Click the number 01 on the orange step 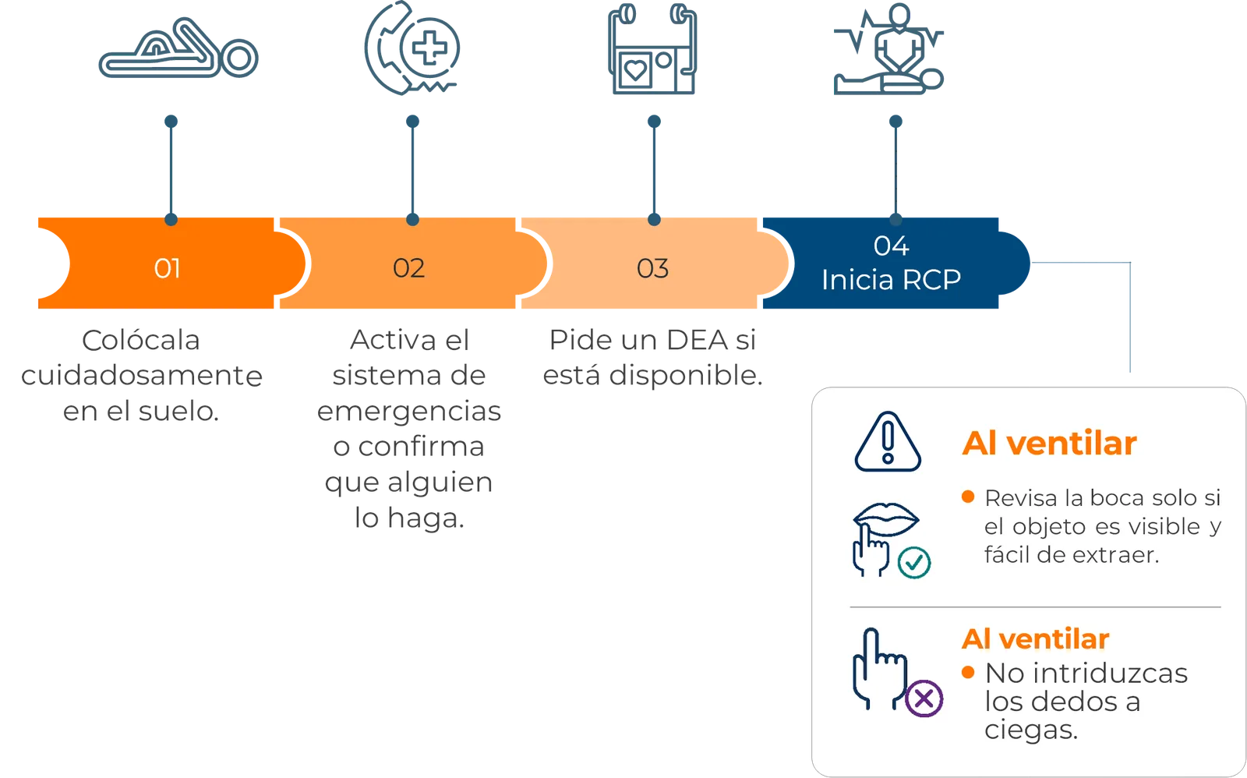(x=167, y=268)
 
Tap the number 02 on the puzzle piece (x=408, y=268)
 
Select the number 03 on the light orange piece (x=652, y=268)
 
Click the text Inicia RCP (x=892, y=280)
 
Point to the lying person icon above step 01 (x=178, y=49)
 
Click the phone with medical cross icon (x=412, y=48)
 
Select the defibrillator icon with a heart (x=652, y=48)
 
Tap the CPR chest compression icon (x=888, y=49)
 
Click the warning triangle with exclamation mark (x=888, y=442)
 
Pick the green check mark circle (x=914, y=563)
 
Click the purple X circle (x=924, y=698)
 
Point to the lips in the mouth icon (x=886, y=519)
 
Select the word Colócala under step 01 (x=141, y=340)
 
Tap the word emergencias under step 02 (x=409, y=412)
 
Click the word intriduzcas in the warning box (x=1086, y=673)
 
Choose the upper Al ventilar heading (x=1049, y=444)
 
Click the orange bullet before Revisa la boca (x=968, y=497)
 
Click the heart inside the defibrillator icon (x=636, y=70)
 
